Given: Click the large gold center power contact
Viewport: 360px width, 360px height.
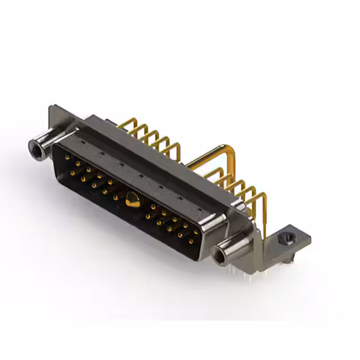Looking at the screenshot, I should coord(132,199).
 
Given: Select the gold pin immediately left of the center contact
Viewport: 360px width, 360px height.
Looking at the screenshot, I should coord(116,197).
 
